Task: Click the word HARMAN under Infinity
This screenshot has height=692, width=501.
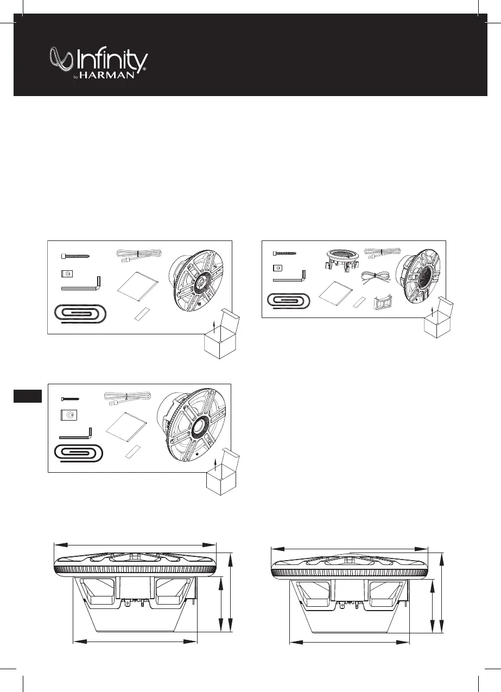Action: (x=116, y=76)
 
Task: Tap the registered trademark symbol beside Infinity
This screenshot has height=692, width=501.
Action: (x=144, y=70)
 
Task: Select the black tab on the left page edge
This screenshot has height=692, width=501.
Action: (x=28, y=396)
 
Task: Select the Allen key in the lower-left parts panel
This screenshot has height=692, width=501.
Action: (x=76, y=434)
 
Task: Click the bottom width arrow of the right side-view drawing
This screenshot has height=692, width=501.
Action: (x=348, y=643)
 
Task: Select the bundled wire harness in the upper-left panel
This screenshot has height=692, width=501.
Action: (x=138, y=255)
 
